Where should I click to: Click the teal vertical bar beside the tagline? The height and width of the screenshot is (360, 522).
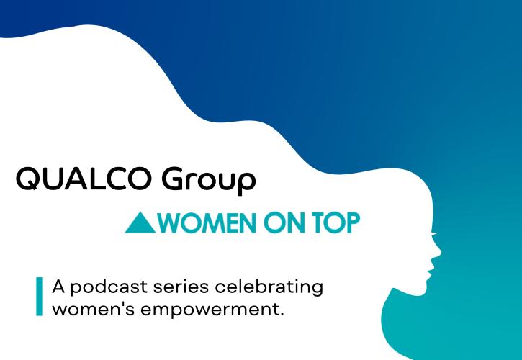point(40,296)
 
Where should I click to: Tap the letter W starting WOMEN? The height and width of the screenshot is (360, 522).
point(171,223)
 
